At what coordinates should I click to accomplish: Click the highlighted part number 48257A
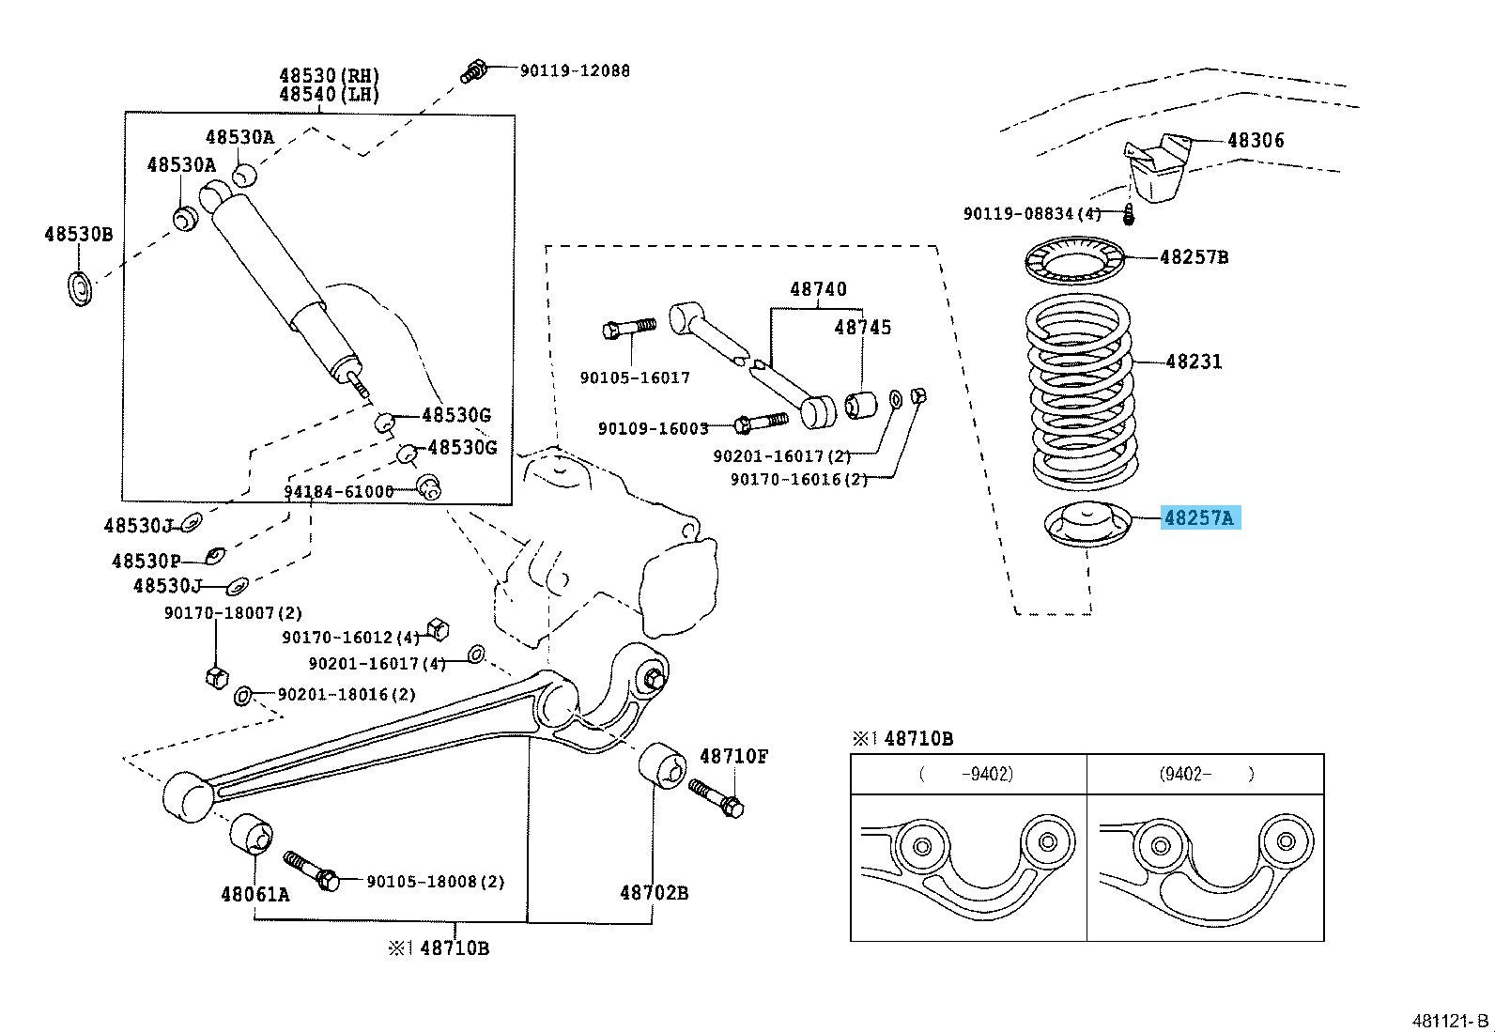click(1200, 517)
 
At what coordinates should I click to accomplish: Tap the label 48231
click(1194, 362)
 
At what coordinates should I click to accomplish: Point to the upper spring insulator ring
click(1074, 264)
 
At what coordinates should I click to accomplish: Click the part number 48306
click(1256, 141)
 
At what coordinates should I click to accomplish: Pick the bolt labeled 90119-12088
click(474, 69)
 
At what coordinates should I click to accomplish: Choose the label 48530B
click(78, 235)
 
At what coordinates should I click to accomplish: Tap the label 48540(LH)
click(329, 95)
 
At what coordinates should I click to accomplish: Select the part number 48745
click(863, 328)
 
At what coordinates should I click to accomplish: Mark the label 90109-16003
click(653, 429)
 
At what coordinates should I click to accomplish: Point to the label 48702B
click(654, 892)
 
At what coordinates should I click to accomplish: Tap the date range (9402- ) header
click(1206, 775)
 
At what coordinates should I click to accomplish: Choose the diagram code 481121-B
click(1451, 1021)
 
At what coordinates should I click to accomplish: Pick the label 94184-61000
click(339, 492)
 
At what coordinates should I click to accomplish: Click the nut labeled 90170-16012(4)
click(436, 629)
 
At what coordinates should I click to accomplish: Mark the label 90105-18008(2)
click(436, 882)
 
